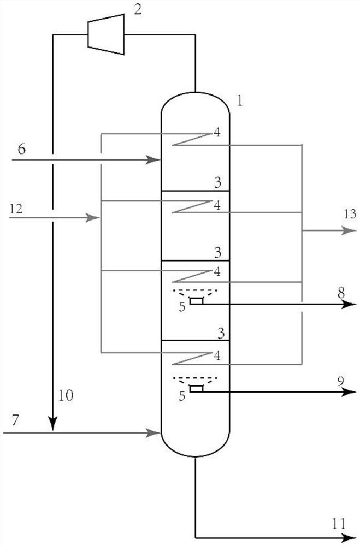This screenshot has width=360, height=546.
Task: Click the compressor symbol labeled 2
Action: click(x=106, y=33)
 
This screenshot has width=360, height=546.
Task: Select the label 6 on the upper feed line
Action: click(x=21, y=149)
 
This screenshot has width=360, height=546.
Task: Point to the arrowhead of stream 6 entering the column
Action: click(x=156, y=160)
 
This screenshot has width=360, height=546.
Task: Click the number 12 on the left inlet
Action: click(x=17, y=207)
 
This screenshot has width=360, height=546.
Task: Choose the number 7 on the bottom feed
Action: click(x=16, y=419)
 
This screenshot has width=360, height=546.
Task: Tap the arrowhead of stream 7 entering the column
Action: click(x=156, y=433)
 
